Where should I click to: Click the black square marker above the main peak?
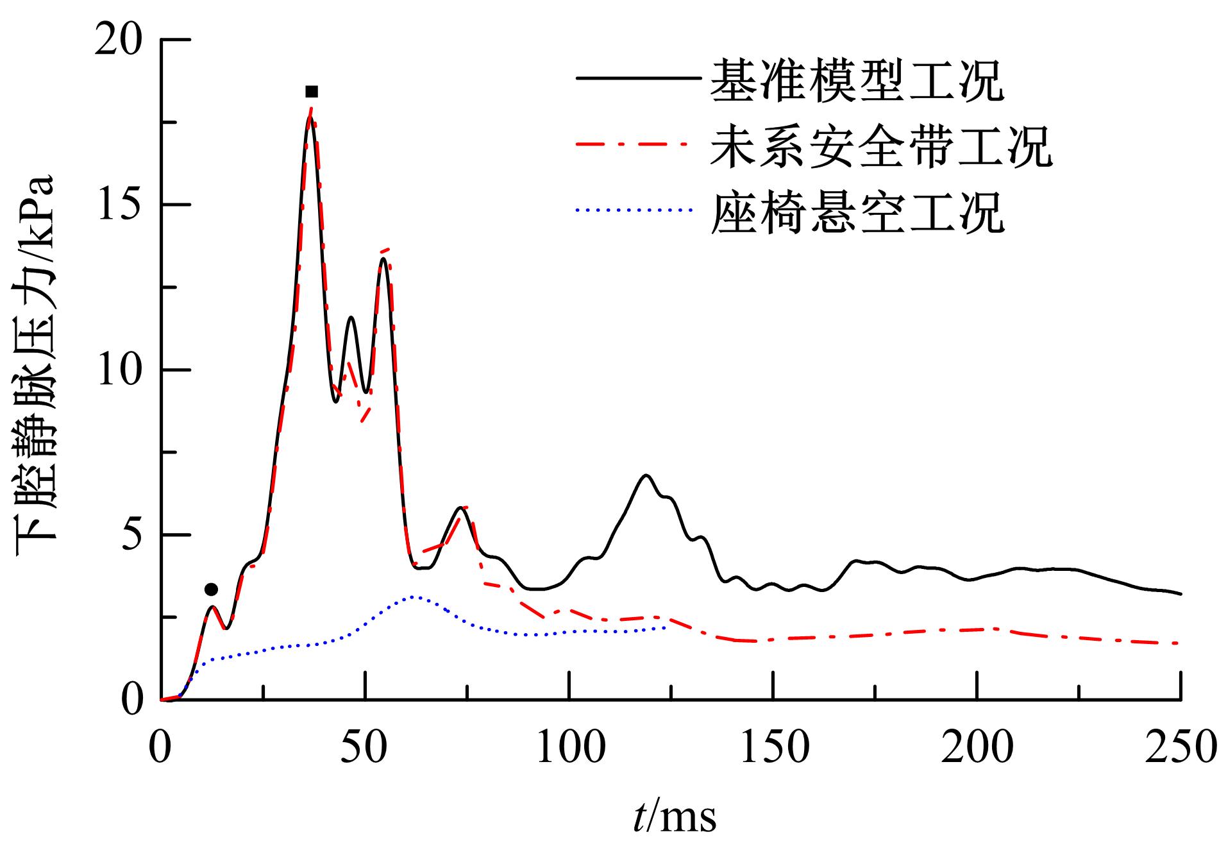[x=312, y=92]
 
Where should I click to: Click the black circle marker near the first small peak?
[x=211, y=589]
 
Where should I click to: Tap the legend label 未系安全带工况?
[x=880, y=146]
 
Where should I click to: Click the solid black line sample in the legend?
[x=637, y=78]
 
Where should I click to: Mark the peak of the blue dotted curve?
[x=415, y=597]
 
